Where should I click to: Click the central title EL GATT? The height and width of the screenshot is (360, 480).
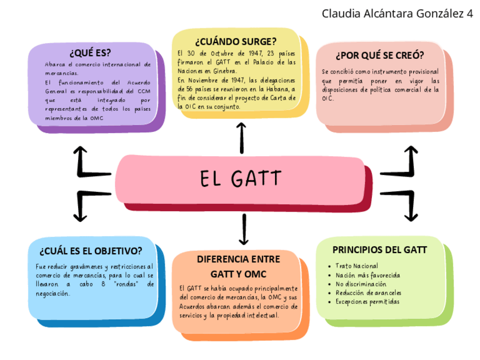coord(240,179)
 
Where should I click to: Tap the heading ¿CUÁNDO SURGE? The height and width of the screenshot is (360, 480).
coord(235,42)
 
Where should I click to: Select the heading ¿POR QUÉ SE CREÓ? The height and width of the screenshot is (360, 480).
coord(380,55)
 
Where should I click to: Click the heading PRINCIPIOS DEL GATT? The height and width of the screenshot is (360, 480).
coord(379,250)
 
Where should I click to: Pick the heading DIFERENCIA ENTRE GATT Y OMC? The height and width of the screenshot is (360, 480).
coord(238,266)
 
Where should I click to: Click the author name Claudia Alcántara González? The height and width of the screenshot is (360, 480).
coord(391,13)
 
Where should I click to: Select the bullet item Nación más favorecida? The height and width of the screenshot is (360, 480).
coord(367,275)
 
